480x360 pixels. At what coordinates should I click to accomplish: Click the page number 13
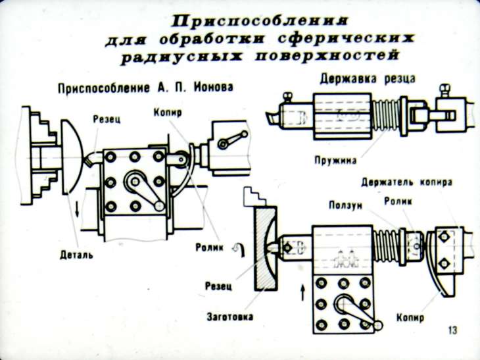tap(452, 328)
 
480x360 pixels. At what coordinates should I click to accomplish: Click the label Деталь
tap(74, 253)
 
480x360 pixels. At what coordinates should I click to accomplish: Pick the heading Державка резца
tap(367, 79)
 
